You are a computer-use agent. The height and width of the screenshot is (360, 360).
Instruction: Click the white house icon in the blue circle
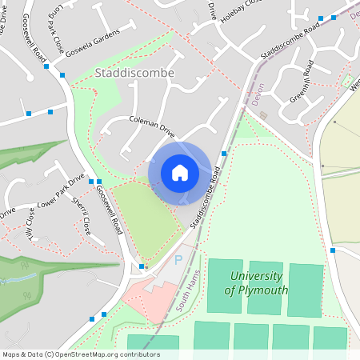(180, 173)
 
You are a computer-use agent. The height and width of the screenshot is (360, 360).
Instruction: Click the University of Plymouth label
(258, 282)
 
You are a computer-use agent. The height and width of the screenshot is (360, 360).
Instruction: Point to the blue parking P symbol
(178, 260)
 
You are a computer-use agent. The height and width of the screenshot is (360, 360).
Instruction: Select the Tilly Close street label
(30, 215)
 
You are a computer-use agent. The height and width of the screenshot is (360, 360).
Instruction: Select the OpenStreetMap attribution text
(81, 354)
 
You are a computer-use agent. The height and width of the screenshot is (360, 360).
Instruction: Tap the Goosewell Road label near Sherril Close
(106, 209)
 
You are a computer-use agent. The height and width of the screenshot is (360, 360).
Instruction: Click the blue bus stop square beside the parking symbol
(142, 266)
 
